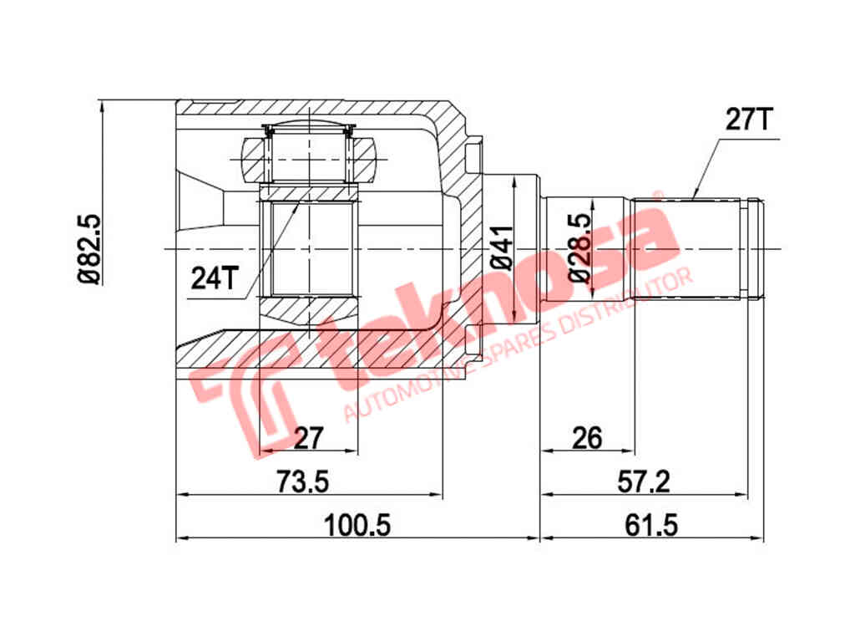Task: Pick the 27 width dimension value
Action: pos(309,437)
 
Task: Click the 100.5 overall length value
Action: pos(357,525)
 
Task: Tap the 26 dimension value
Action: pos(587,437)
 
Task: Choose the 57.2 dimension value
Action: pos(644,481)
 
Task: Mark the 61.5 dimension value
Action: pos(651,525)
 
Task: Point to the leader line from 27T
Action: pos(706,167)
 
